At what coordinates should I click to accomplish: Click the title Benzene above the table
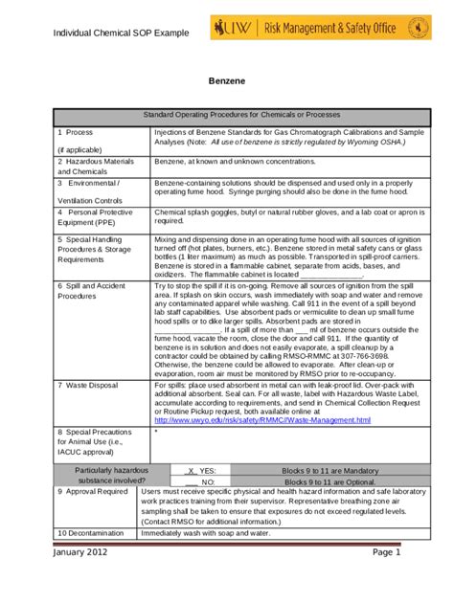(227, 84)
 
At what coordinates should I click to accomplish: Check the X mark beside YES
(192, 469)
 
